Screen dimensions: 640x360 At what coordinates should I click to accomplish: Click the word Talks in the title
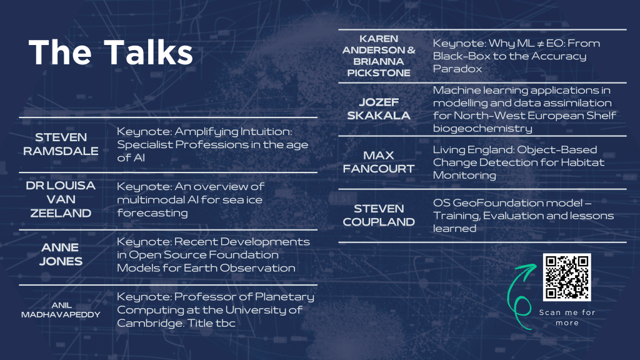coord(148,52)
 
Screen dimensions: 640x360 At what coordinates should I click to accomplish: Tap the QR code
coord(566,277)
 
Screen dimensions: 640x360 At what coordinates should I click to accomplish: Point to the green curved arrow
coord(519,296)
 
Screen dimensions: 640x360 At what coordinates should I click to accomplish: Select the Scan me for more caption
coord(567,317)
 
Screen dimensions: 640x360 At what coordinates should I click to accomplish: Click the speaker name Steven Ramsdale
coord(61,144)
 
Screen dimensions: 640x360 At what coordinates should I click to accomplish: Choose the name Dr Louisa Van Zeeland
coord(61,199)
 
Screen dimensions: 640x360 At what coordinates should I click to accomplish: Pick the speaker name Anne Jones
coord(61,254)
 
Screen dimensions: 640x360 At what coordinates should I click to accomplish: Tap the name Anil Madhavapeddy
coord(61,310)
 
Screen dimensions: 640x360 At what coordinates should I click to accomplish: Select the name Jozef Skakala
coord(379,109)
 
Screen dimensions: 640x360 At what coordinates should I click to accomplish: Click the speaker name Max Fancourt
coord(379,162)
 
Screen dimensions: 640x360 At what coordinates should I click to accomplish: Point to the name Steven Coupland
coord(379,215)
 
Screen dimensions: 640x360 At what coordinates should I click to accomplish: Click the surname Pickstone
coord(379,73)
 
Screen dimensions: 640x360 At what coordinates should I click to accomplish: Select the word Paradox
coord(457,69)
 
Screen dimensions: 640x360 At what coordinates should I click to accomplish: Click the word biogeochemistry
coord(482,129)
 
